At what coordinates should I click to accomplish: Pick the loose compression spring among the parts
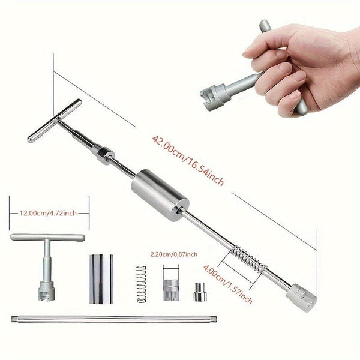tap(141, 284)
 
